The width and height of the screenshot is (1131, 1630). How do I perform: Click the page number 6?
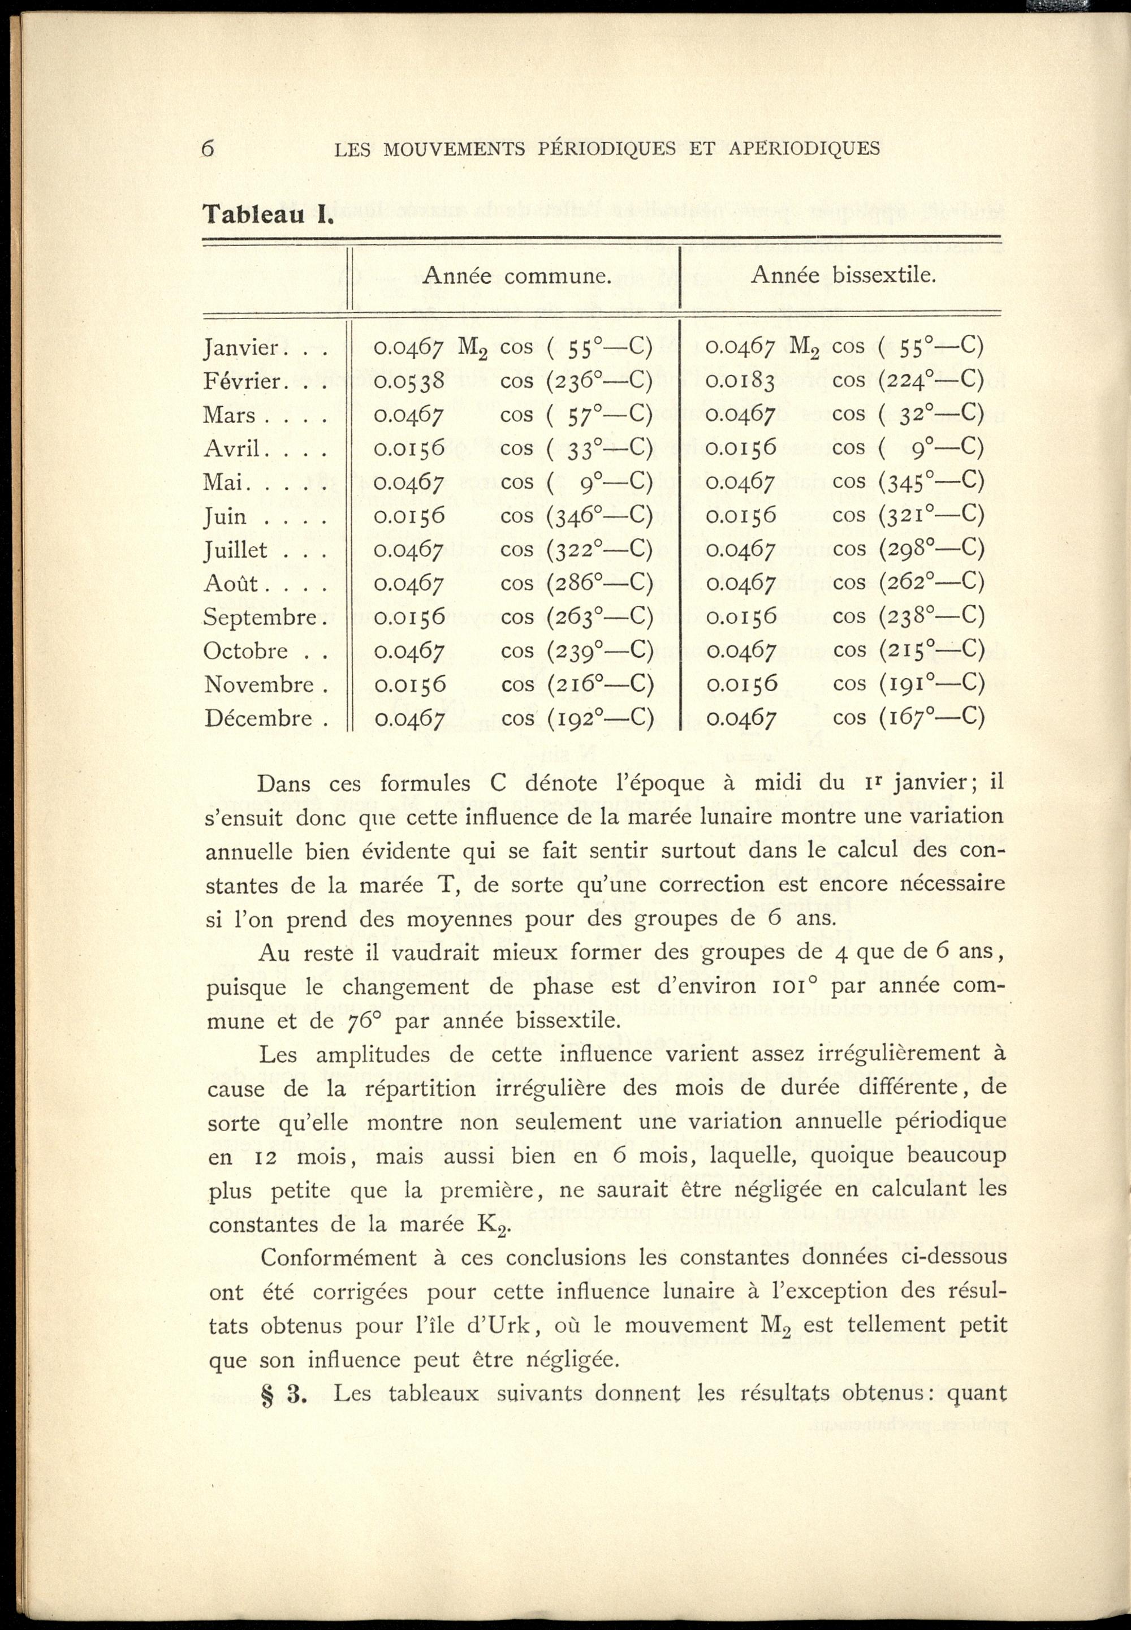pyautogui.click(x=208, y=148)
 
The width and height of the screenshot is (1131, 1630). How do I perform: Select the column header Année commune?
pyautogui.click(x=517, y=275)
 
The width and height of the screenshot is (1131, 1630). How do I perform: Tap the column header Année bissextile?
pyautogui.click(x=843, y=274)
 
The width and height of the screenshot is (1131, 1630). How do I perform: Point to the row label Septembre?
pyautogui.click(x=260, y=617)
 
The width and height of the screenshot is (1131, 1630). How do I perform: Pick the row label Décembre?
pyautogui.click(x=258, y=719)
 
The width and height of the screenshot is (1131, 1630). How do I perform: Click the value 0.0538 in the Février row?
pyautogui.click(x=409, y=381)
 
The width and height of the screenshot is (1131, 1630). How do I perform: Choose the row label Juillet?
pyautogui.click(x=236, y=550)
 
